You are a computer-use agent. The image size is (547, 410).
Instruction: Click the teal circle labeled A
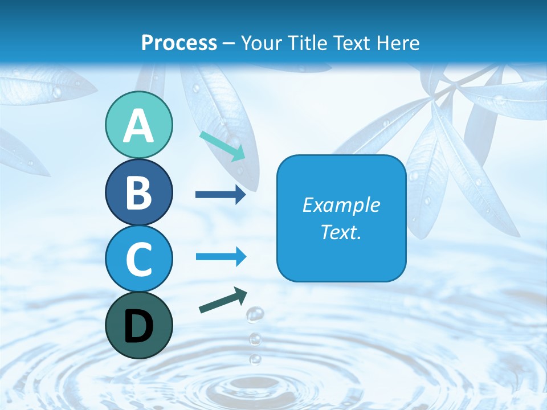[x=138, y=125]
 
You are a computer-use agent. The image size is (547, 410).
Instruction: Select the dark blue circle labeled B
[x=138, y=192]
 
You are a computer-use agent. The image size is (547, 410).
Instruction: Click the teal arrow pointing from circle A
[x=223, y=145]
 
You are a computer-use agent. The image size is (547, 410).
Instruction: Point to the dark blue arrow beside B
[x=221, y=195]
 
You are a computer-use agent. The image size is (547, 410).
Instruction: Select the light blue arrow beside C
[x=221, y=257]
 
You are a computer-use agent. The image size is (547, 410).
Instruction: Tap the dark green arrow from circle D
[x=223, y=300]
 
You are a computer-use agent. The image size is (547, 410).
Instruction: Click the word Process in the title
[x=179, y=43]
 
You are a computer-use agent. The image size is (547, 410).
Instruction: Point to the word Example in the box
[x=341, y=205]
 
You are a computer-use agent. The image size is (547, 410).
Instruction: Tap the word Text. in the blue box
[x=341, y=232]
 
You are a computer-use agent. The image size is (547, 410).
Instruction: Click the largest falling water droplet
[x=255, y=314]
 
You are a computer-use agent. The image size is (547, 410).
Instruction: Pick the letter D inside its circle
[x=138, y=326]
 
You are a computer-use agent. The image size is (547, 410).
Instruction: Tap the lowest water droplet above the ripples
[x=255, y=359]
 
